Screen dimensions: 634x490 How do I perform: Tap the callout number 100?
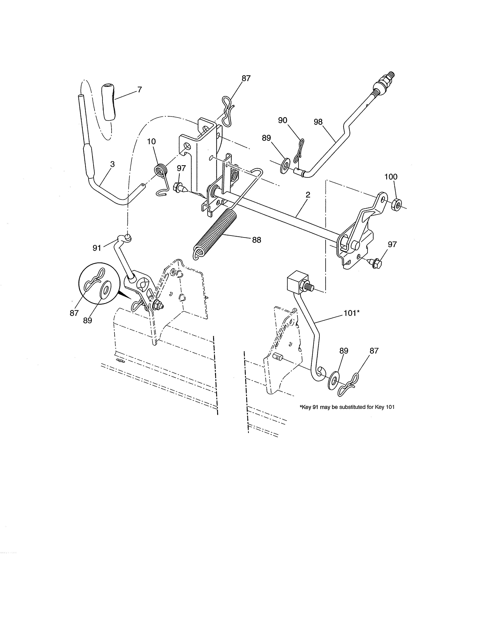coord(391,177)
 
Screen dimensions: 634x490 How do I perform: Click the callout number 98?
coord(318,122)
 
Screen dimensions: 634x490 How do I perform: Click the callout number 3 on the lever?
coord(112,164)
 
